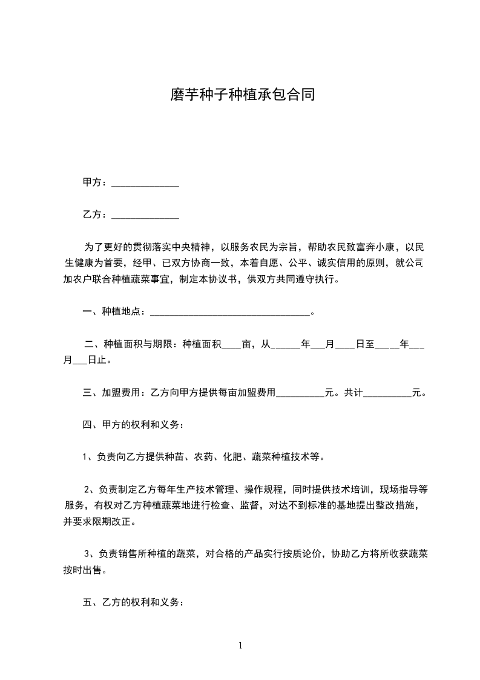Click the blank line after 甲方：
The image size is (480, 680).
tap(145, 183)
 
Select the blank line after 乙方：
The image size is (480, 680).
tap(145, 215)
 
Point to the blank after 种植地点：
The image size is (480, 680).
tap(229, 312)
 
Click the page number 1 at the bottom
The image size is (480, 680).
tap(240, 645)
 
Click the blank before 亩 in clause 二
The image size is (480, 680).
tap(231, 345)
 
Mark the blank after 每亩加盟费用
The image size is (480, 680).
tap(300, 393)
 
